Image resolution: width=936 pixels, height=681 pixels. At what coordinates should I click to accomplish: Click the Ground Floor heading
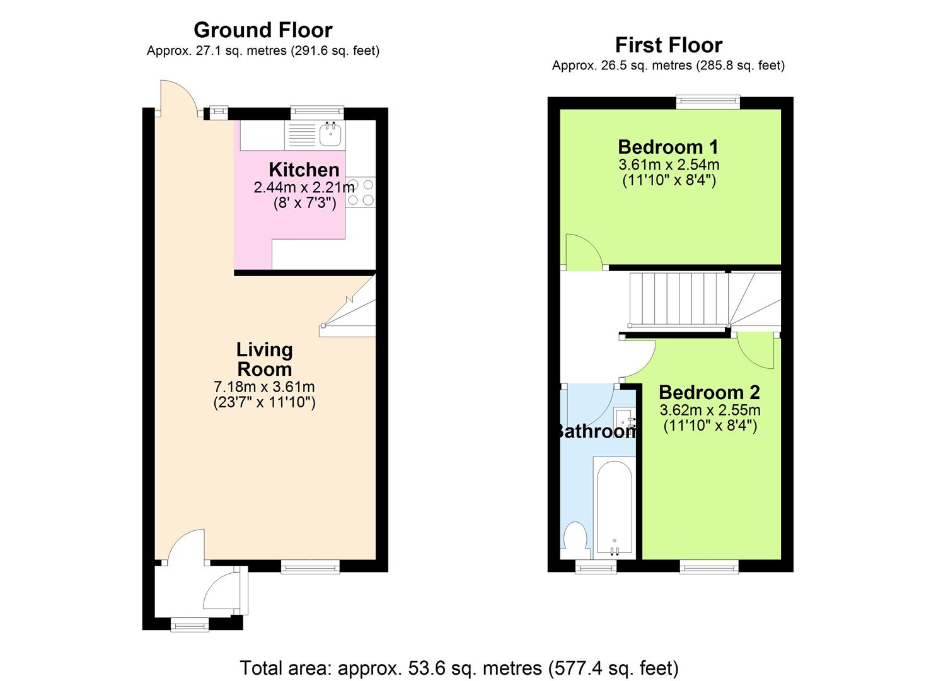pos(263,30)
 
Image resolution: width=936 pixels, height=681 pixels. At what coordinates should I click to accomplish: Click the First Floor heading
pos(668,45)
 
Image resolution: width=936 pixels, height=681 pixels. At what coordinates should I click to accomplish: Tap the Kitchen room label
pos(304,169)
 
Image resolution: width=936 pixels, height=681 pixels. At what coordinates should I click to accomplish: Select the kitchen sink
pos(330,134)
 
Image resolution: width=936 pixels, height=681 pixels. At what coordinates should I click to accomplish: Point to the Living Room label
pos(264,359)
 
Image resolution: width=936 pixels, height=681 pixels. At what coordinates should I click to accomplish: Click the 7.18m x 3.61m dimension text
pos(264,387)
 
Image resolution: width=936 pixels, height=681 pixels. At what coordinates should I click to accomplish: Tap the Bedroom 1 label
pos(668,147)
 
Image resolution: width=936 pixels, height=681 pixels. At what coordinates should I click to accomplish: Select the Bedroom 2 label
pos(709,392)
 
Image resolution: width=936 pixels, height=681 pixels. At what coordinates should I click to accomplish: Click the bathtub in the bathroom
pos(613,504)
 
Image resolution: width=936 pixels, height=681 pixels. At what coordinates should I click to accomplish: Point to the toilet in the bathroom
pos(575,539)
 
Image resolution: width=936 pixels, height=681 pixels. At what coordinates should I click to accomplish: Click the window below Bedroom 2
pos(708,567)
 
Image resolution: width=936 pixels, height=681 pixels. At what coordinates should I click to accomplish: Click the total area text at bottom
pos(459,668)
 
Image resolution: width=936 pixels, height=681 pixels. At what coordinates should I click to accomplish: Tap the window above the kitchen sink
pos(317,112)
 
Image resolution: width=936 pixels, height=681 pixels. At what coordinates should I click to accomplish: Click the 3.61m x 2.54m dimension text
pos(668,165)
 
